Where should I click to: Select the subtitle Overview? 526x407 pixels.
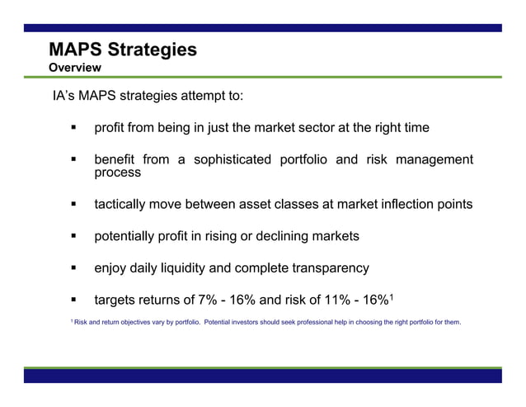tap(75, 67)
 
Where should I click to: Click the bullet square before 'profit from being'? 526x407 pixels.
tap(73, 129)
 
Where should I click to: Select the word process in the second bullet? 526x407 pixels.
tap(117, 173)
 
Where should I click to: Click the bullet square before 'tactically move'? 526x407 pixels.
tap(73, 204)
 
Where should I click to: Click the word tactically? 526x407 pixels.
tap(125, 204)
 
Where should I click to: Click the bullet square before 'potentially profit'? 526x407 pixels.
tap(73, 236)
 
